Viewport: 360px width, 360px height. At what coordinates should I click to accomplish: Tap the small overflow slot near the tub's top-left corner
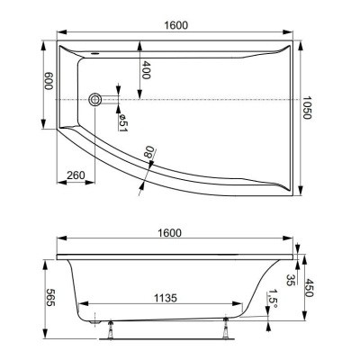click(94, 53)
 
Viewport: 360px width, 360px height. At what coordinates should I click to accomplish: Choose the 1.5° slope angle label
click(271, 296)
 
